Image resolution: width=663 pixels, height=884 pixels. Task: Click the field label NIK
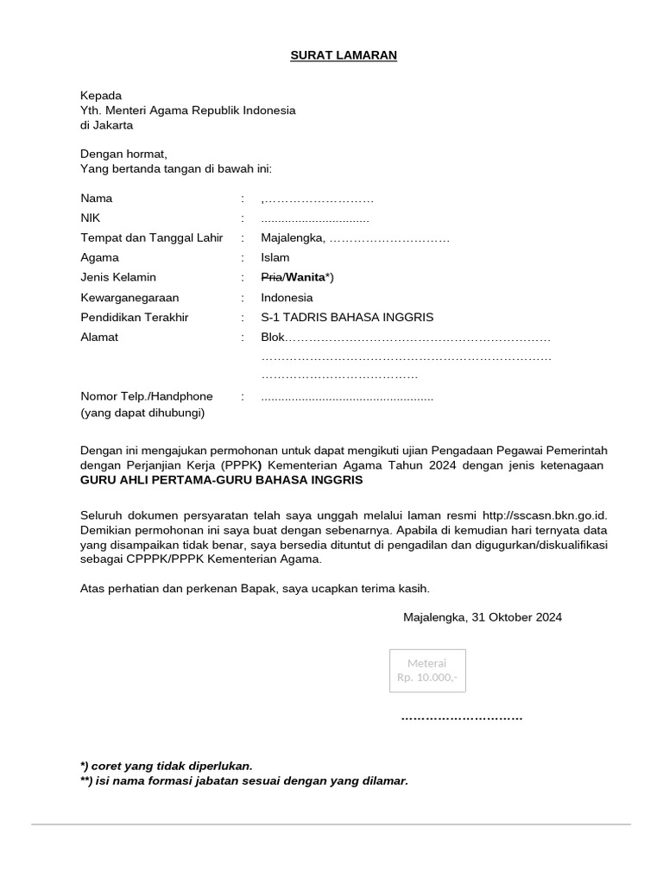(x=91, y=218)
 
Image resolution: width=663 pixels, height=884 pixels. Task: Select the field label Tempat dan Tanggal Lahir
(x=152, y=238)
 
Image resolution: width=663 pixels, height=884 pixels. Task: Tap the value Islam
(x=275, y=258)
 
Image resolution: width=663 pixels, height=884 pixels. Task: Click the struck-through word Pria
(x=271, y=278)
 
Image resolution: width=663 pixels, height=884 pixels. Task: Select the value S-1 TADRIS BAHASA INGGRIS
(x=347, y=318)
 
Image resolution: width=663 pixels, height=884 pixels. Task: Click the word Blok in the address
(x=273, y=338)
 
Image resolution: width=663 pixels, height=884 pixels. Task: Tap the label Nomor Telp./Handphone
(x=147, y=397)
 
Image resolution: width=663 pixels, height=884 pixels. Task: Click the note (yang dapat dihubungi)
(x=142, y=414)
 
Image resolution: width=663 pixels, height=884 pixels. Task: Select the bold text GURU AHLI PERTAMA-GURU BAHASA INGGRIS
(x=222, y=480)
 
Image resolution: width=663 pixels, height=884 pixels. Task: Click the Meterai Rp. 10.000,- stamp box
(x=428, y=670)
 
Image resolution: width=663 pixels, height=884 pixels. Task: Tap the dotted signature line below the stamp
(x=462, y=718)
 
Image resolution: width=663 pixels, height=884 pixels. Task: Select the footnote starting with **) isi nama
(x=243, y=781)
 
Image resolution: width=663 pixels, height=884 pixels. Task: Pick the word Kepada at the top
(x=101, y=95)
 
